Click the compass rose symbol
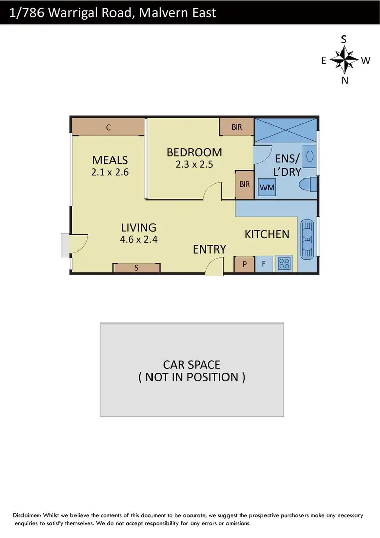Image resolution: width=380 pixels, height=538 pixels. tap(344, 60)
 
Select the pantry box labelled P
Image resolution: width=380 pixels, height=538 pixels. tap(245, 264)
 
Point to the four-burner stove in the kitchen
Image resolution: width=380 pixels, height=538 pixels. tap(285, 263)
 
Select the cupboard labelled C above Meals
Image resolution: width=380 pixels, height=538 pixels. tap(108, 127)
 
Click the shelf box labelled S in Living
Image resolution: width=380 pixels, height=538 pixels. tap(136, 269)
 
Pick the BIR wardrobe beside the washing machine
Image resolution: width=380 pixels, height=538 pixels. tap(244, 184)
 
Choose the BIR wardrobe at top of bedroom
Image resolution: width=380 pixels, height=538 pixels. tap(237, 127)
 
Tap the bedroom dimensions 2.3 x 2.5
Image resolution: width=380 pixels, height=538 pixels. tap(194, 164)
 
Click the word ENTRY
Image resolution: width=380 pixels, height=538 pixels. tap(209, 249)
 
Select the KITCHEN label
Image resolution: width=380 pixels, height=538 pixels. tap(267, 234)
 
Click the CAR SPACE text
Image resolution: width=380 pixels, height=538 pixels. tap(192, 364)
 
